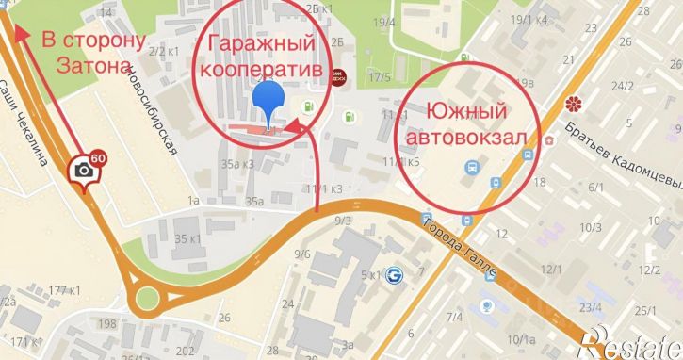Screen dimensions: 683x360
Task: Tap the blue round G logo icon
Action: tap(395, 273)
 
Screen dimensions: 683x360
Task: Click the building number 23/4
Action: tap(591, 306)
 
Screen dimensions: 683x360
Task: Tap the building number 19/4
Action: tap(383, 21)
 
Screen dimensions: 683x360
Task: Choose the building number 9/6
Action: tap(302, 254)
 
